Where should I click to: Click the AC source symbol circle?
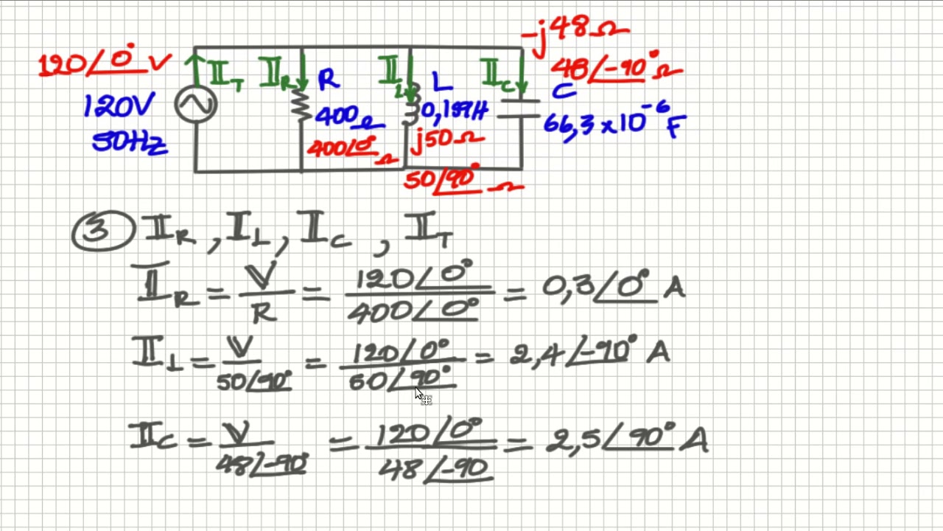pos(196,105)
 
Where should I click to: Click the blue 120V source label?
pos(119,108)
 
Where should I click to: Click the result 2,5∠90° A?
pos(626,440)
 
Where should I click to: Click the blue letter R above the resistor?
pos(328,80)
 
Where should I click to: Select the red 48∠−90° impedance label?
pos(615,70)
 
